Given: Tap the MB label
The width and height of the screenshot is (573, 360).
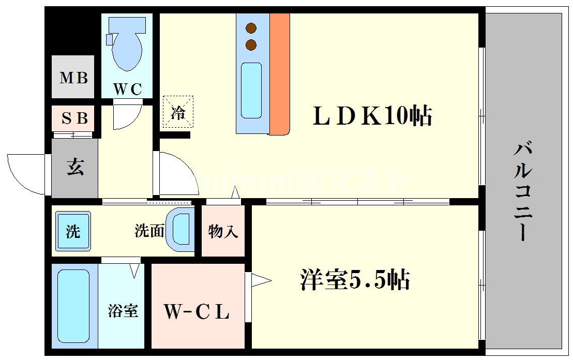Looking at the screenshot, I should pos(73,78).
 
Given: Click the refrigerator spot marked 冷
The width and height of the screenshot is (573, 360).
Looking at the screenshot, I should pos(178,112).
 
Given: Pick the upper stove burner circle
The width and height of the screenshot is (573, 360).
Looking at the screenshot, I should pos(252,28).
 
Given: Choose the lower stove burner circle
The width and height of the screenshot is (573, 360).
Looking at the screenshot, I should pos(252,44).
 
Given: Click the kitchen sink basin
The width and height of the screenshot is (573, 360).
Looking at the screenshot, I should pos(252,91).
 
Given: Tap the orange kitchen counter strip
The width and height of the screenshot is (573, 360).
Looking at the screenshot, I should pos(279,72).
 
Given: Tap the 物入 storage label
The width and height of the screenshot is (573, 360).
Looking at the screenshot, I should pos(223,232).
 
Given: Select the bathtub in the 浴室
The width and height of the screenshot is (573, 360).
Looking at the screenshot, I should pos(73,308).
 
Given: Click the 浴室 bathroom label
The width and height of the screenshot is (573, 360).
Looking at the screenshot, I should pos(123,311).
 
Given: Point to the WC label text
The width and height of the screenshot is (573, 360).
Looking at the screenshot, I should pos(127,89).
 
